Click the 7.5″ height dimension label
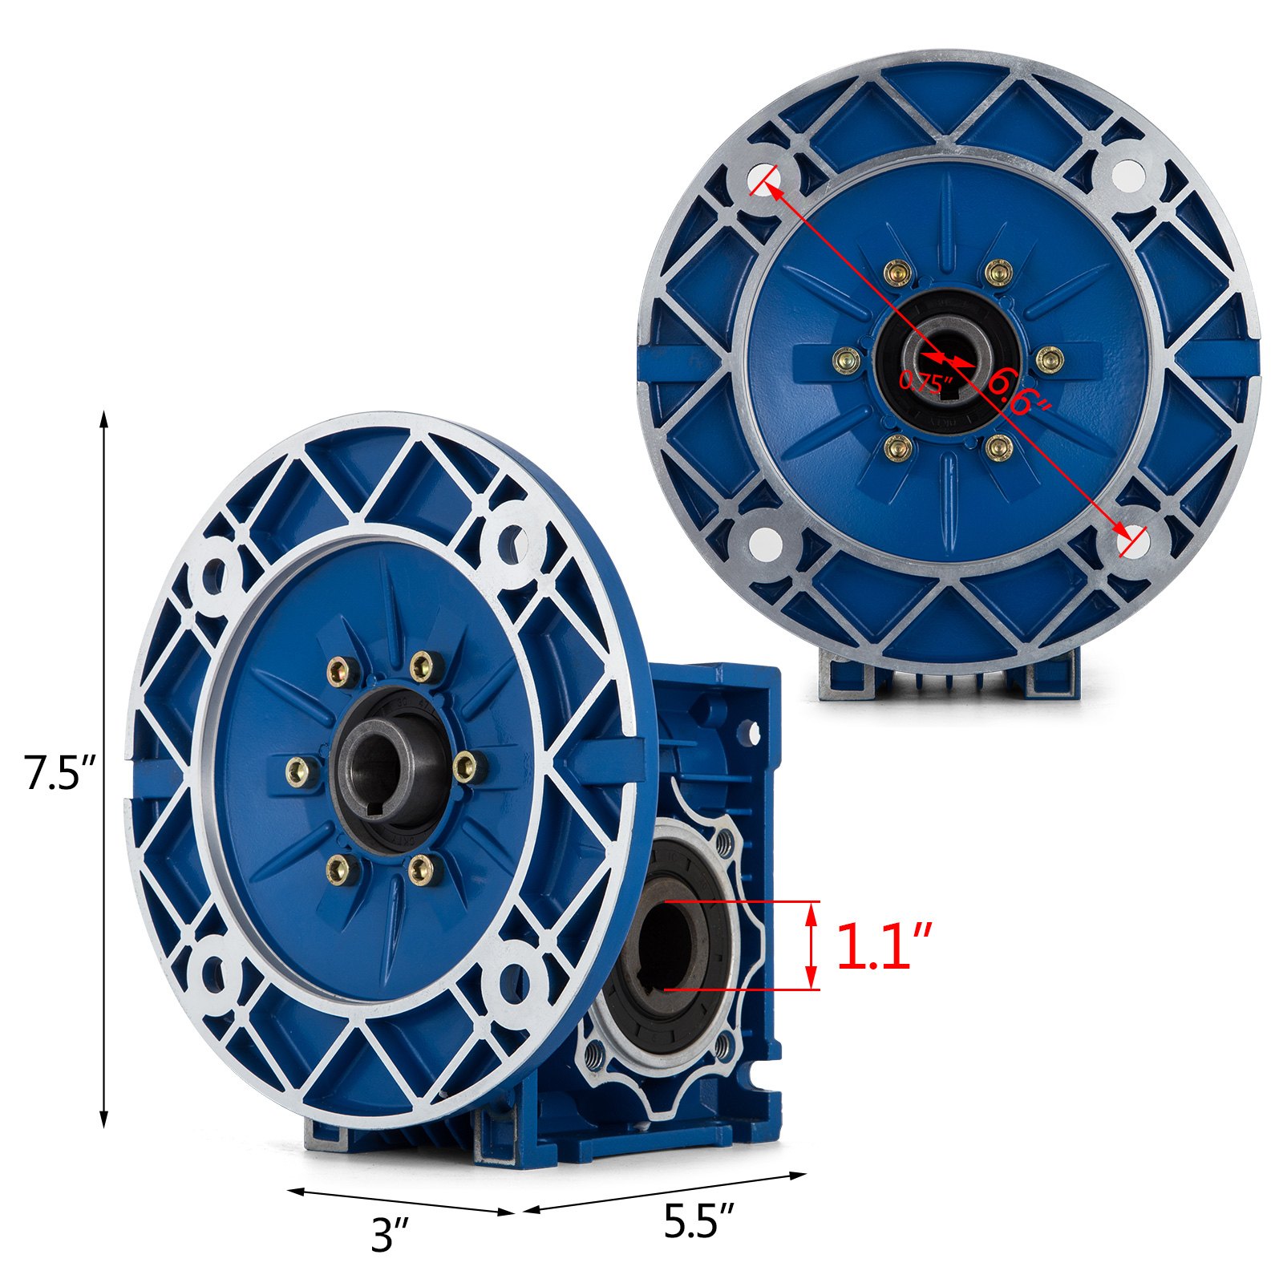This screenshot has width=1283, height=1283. (60, 773)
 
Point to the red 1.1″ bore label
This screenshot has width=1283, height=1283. (884, 947)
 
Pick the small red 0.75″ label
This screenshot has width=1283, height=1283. (925, 381)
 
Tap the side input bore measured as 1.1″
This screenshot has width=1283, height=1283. (666, 946)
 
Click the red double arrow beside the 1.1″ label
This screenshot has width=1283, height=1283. (811, 945)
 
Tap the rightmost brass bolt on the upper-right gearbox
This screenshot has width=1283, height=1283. (1049, 360)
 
